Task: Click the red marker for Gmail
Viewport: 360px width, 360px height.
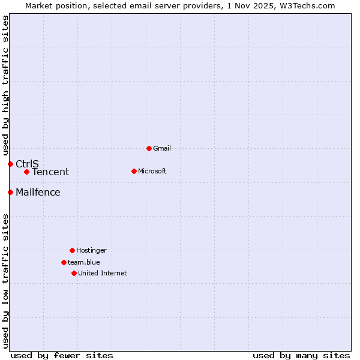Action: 149,148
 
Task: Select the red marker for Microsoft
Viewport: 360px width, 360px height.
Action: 134,171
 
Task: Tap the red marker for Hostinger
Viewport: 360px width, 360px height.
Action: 72,250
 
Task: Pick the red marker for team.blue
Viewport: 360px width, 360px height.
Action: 64,262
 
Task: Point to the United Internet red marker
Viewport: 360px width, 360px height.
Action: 74,273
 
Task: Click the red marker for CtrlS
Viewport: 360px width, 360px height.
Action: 10,164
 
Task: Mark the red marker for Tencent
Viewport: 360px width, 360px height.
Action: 26,172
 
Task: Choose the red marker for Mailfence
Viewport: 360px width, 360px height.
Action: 10,192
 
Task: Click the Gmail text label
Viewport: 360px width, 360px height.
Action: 162,148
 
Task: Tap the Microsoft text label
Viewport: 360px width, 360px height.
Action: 152,171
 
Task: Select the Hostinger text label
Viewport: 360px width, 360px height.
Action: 91,250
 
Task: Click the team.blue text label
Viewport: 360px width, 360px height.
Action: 84,262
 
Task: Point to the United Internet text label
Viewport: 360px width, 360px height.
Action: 103,273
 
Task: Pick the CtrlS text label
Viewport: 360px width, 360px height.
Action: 27,164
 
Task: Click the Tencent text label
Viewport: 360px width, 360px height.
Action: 50,172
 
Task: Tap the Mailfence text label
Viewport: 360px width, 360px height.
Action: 38,192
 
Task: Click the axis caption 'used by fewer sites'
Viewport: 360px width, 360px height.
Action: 62,355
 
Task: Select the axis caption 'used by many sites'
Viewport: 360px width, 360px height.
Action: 301,355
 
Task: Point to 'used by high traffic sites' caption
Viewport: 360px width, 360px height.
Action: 5,85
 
